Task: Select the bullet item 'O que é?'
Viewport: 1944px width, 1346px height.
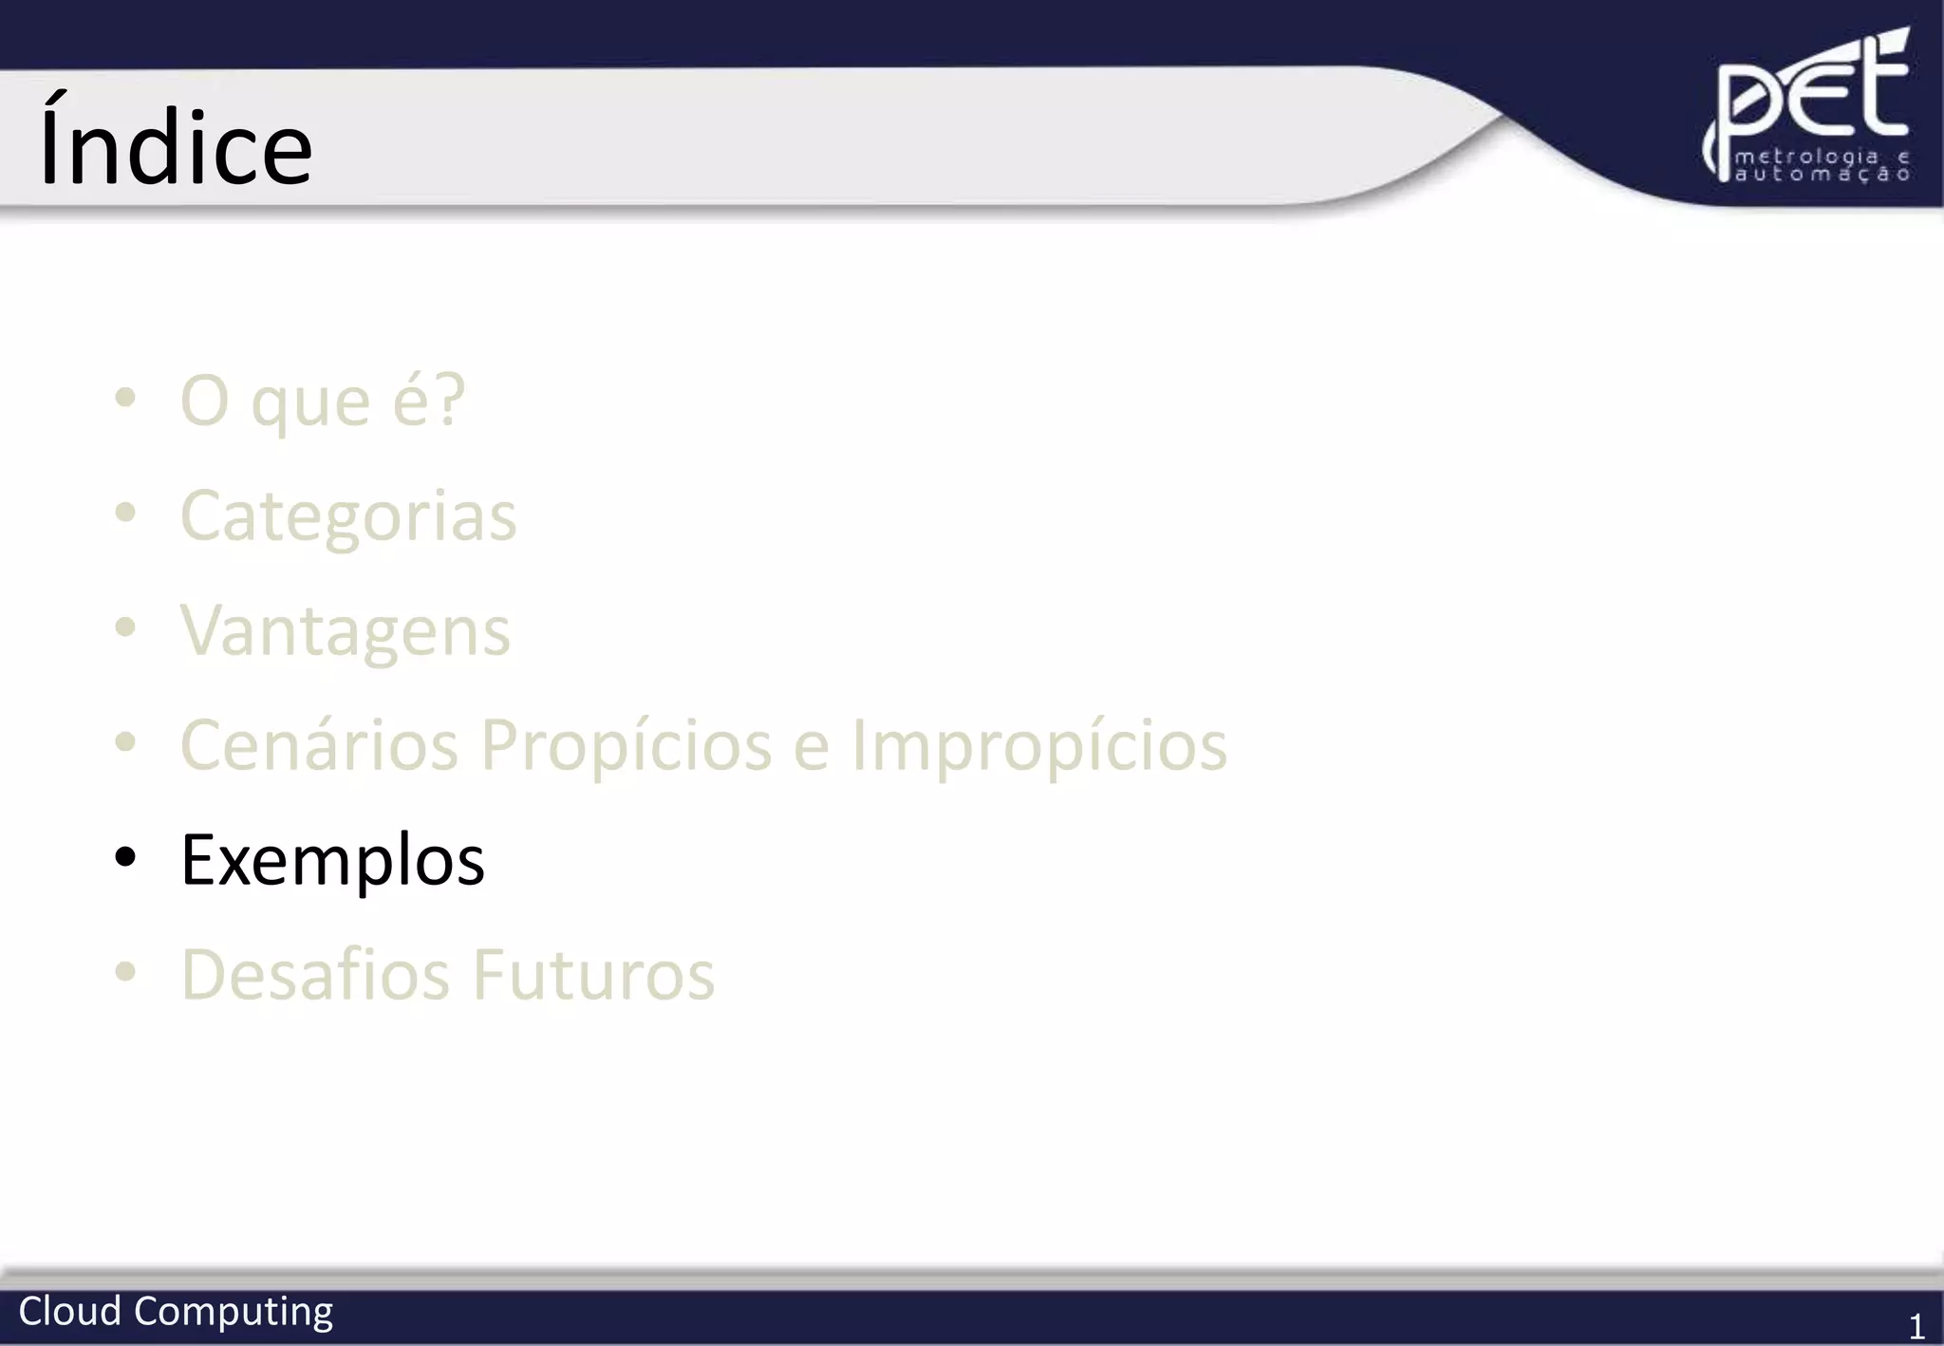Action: (x=323, y=402)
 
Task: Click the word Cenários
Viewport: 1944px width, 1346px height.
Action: (x=320, y=746)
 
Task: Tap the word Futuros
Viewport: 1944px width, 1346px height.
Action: (x=594, y=975)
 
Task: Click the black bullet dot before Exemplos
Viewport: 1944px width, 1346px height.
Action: (x=125, y=857)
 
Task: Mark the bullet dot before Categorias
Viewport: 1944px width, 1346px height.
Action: (x=125, y=514)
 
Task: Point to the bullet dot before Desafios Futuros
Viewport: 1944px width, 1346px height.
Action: (x=125, y=971)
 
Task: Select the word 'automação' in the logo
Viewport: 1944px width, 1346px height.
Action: (x=1822, y=175)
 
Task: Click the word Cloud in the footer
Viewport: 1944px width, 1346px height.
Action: (x=70, y=1312)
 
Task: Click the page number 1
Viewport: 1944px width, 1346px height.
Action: (x=1916, y=1326)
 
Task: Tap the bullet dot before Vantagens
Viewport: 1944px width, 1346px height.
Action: (x=125, y=627)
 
